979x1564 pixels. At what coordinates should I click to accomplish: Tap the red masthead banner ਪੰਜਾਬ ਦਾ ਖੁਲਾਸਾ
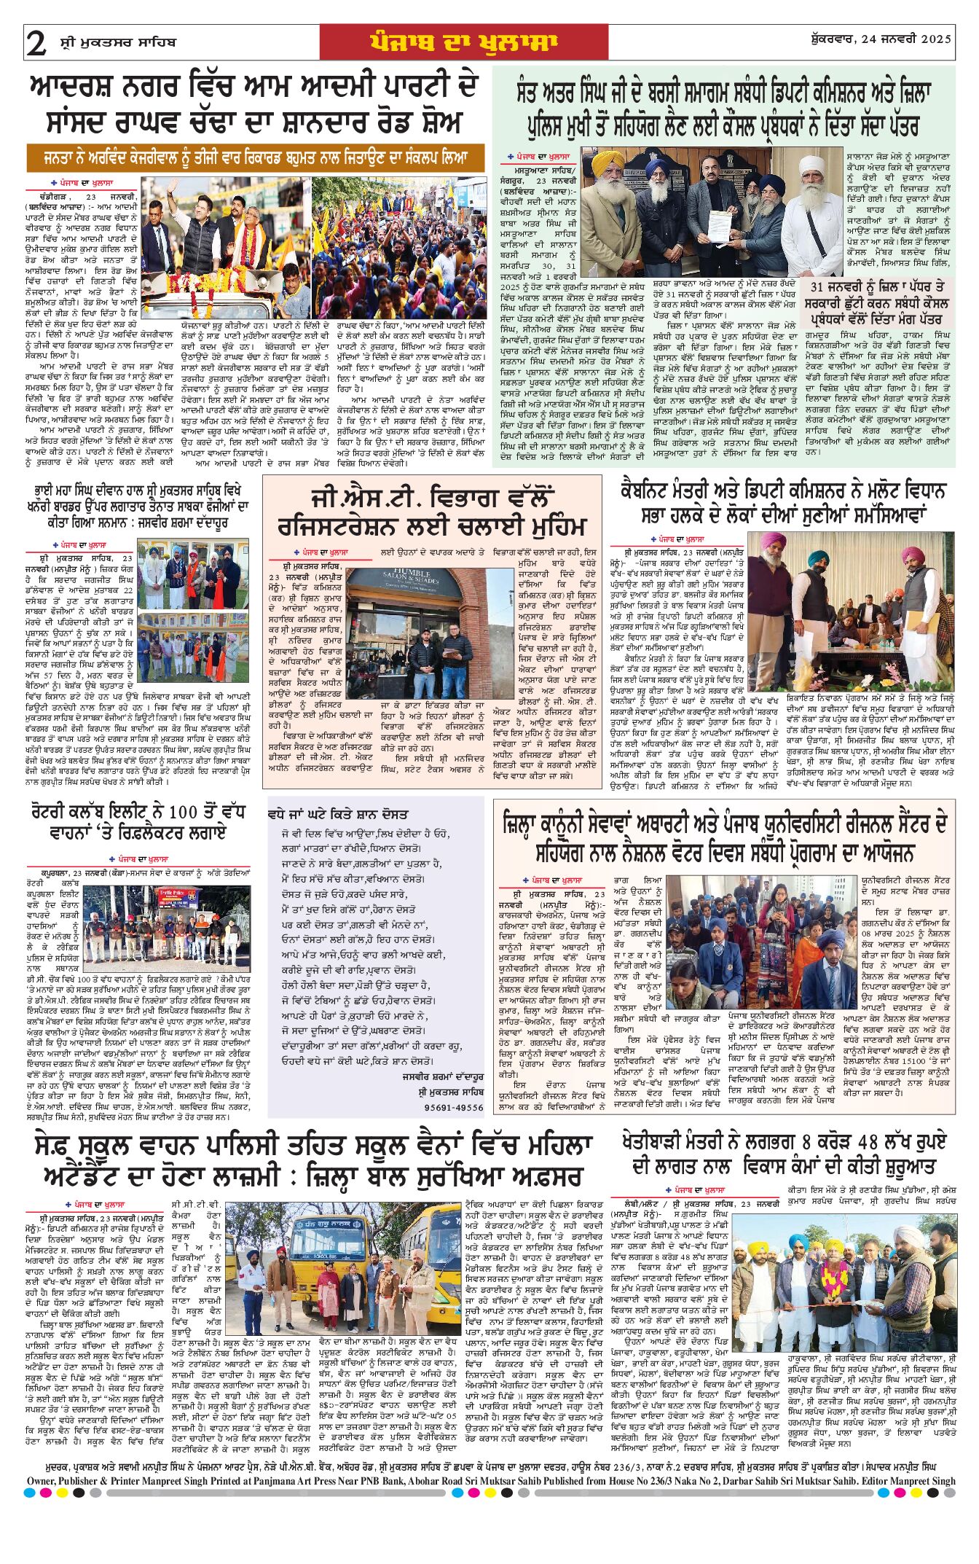point(463,42)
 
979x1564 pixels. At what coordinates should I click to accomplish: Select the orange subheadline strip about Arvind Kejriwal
point(256,157)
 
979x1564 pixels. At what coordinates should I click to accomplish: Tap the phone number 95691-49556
point(454,1107)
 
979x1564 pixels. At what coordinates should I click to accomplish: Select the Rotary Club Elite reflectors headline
point(129,822)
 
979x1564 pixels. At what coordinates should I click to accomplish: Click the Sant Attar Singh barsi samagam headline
point(723,110)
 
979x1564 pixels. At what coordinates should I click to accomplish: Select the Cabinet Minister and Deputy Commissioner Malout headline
point(782,502)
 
